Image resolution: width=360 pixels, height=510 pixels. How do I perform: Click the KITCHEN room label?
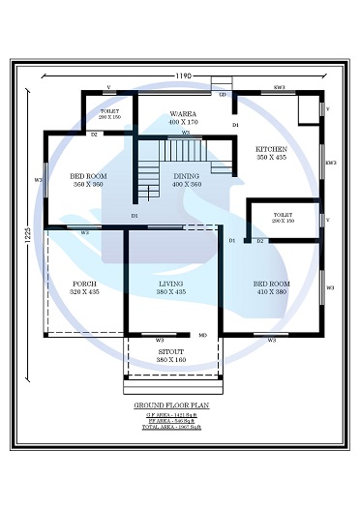271,149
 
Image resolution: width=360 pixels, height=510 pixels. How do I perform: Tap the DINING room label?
187,176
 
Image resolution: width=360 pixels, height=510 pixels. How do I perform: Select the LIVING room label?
171,284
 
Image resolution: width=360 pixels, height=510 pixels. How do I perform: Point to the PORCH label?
83,284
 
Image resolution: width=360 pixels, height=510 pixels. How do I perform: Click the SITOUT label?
170,351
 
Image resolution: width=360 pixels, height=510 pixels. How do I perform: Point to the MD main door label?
203,335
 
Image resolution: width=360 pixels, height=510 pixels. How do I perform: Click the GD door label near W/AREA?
222,95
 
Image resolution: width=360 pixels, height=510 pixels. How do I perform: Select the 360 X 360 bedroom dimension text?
87,184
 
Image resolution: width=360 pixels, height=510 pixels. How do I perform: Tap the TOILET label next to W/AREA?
109,111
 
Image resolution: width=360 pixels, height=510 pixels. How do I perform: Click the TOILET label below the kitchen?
284,215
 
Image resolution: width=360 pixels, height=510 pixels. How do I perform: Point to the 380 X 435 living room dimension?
171,291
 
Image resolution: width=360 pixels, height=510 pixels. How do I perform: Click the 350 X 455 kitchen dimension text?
271,157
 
